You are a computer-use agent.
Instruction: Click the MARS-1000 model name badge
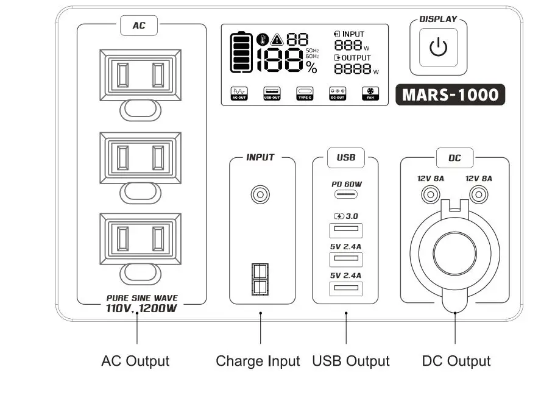click(450, 95)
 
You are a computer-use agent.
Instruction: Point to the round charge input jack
click(260, 195)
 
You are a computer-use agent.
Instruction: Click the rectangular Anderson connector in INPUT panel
click(260, 279)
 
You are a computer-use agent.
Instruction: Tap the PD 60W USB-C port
click(345, 196)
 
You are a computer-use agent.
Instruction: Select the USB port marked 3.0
click(345, 230)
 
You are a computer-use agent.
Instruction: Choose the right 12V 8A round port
click(479, 194)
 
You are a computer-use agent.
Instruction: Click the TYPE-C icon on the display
click(305, 93)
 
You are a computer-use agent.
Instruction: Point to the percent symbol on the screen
click(312, 66)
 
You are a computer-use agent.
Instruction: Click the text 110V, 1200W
click(142, 308)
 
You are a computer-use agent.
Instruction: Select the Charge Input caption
click(258, 361)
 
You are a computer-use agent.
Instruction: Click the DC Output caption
click(456, 361)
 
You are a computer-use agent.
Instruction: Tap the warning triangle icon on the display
click(277, 38)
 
